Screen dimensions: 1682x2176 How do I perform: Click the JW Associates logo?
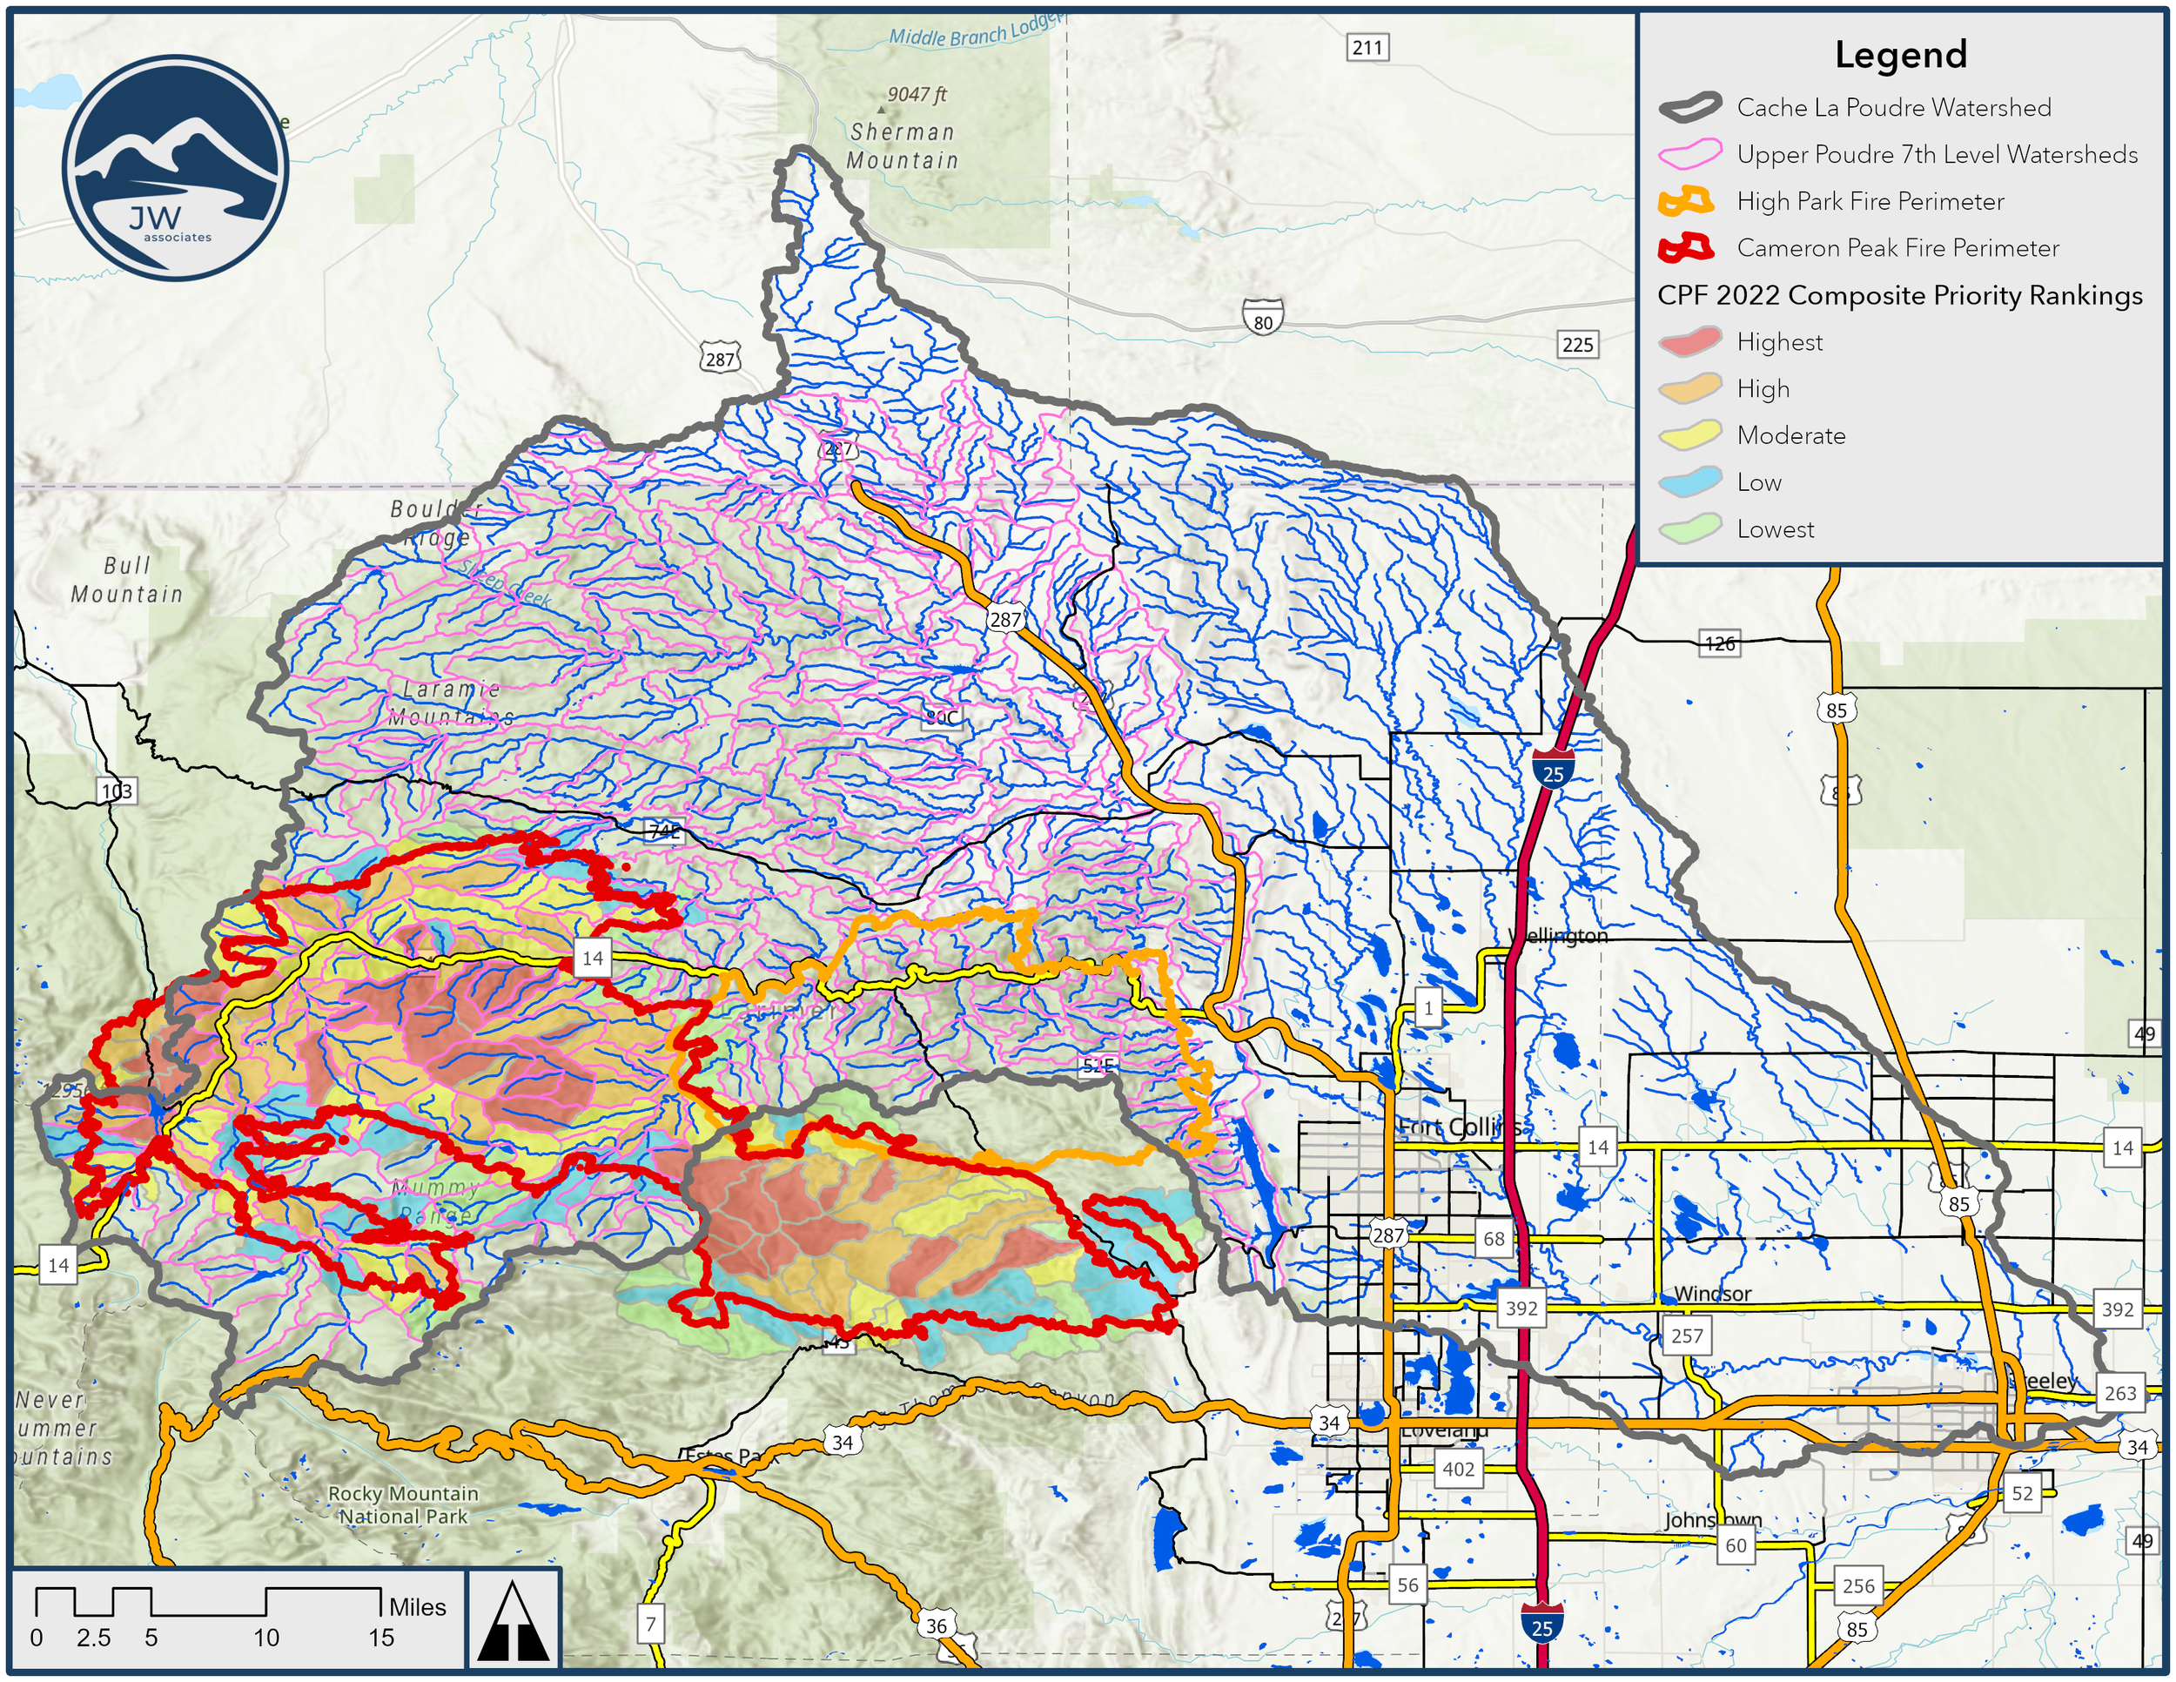tap(175, 167)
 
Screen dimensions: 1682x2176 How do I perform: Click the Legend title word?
tap(1900, 55)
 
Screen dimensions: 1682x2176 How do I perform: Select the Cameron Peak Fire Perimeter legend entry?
tap(1897, 248)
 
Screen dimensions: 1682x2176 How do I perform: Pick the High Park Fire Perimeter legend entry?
tap(1869, 201)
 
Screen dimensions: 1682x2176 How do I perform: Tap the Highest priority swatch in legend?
tap(1689, 342)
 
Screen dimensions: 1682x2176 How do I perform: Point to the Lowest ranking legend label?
tap(1775, 529)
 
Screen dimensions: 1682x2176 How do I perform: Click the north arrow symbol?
tap(514, 1621)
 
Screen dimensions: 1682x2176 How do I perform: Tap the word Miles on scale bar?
tap(418, 1606)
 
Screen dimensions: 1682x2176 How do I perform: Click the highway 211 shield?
tap(1367, 47)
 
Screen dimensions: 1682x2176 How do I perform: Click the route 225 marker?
tap(1576, 345)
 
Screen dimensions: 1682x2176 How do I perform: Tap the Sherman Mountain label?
tap(902, 145)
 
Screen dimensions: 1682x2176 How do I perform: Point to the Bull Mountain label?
tap(126, 580)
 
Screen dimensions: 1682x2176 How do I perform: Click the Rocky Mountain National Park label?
tap(404, 1504)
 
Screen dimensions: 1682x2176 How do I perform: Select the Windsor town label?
tap(1712, 1294)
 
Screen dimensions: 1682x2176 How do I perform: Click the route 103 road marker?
tap(117, 791)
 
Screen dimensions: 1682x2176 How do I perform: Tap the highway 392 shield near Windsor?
tap(1521, 1308)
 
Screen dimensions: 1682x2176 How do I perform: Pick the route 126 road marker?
tap(1720, 643)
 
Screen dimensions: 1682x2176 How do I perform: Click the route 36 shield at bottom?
tap(937, 1625)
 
